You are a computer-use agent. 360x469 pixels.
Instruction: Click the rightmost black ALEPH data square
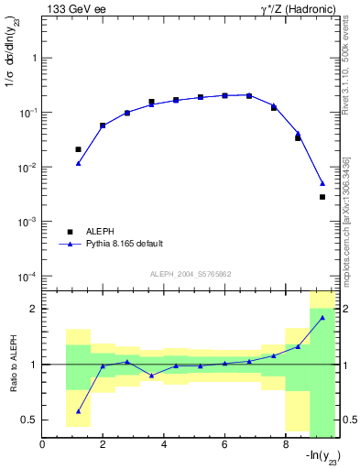(x=322, y=197)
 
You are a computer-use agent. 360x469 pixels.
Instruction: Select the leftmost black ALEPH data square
(x=79, y=149)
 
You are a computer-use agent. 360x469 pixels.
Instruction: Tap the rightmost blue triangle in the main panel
(x=322, y=183)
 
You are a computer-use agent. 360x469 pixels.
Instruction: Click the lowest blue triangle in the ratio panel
(x=79, y=411)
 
